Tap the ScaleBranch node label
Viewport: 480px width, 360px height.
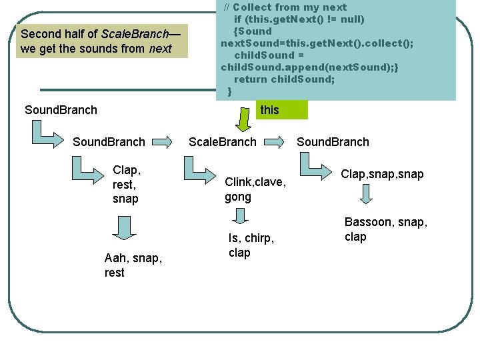(222, 142)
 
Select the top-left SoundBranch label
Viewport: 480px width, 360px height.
(61, 110)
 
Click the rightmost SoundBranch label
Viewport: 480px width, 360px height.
(333, 142)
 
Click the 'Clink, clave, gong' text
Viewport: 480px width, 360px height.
(255, 189)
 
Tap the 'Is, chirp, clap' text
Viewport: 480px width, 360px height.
(251, 245)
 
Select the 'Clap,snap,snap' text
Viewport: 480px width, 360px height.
(382, 174)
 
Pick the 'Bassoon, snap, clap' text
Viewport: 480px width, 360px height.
(385, 229)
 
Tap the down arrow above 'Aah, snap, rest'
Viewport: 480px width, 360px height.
(123, 227)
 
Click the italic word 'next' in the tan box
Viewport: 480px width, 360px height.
(160, 49)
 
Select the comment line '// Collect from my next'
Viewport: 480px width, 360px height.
(285, 7)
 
